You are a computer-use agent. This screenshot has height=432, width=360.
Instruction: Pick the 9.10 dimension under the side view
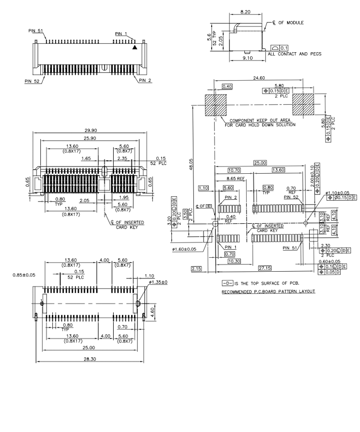(248, 58)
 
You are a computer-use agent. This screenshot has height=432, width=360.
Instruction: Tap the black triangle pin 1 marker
(135, 47)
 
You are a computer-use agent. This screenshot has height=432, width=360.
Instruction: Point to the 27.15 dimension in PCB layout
(264, 268)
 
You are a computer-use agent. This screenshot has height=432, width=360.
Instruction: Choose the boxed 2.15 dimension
(196, 268)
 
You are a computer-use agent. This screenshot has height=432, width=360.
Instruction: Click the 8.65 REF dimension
(234, 179)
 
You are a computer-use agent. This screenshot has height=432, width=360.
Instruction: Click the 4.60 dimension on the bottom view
(153, 311)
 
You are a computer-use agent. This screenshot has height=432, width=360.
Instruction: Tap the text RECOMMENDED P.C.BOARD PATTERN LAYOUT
(268, 292)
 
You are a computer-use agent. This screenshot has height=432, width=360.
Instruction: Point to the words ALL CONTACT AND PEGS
(295, 54)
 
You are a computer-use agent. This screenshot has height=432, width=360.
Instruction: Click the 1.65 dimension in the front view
(86, 158)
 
